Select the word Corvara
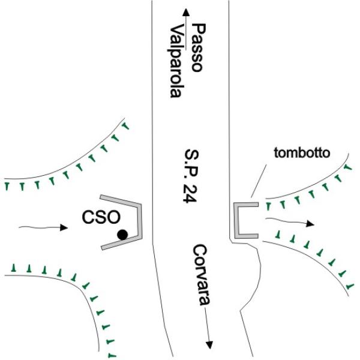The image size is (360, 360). [200, 277]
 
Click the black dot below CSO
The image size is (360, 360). [122, 235]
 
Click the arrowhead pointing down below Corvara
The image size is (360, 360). [209, 344]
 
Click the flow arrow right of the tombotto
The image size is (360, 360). [291, 222]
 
